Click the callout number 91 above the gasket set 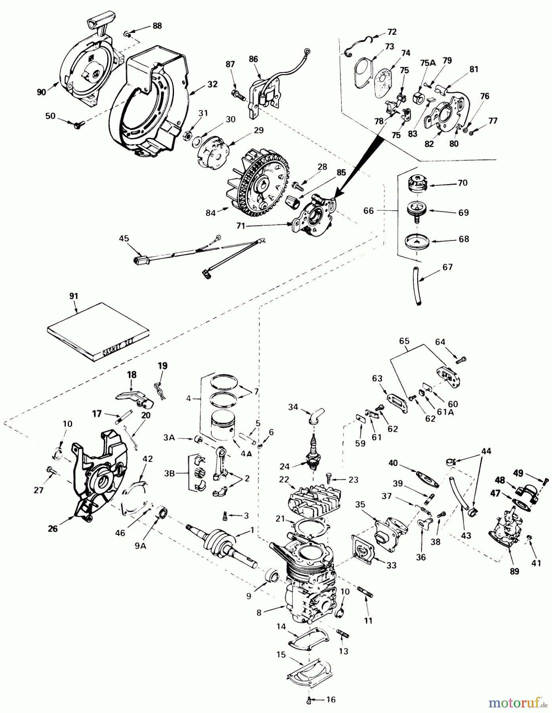(x=73, y=296)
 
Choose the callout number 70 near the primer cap (x=462, y=183)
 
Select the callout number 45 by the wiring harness (x=124, y=238)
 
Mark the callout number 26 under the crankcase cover (x=53, y=528)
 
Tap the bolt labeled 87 (x=235, y=95)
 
